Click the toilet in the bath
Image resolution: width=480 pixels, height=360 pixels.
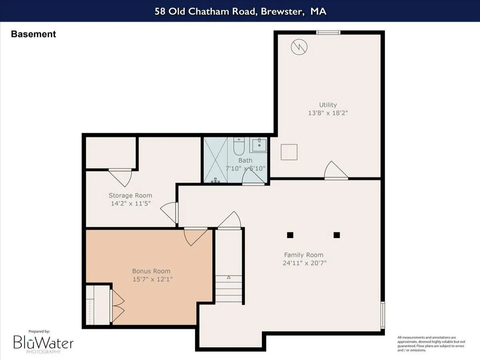click(x=239, y=146)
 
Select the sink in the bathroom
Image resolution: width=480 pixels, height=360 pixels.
click(x=259, y=144)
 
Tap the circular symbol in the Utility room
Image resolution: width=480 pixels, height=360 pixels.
click(x=299, y=47)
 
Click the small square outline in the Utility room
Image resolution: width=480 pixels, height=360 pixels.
click(x=289, y=152)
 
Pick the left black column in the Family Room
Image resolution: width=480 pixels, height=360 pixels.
click(x=290, y=235)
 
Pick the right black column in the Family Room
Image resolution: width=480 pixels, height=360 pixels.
click(x=336, y=235)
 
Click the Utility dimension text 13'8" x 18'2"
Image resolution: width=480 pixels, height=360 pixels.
click(x=328, y=113)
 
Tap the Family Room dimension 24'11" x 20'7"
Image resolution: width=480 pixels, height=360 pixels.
click(x=304, y=263)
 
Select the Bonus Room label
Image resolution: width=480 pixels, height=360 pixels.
click(x=151, y=271)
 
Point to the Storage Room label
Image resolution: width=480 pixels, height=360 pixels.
click(x=130, y=196)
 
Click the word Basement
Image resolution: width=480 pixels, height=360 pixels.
click(x=34, y=34)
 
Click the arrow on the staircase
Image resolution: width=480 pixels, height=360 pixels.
click(x=229, y=277)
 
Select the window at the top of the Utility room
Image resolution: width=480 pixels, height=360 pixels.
click(x=328, y=32)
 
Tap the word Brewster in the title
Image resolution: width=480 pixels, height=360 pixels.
click(x=282, y=11)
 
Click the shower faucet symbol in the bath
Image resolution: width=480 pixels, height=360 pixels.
click(x=216, y=180)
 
